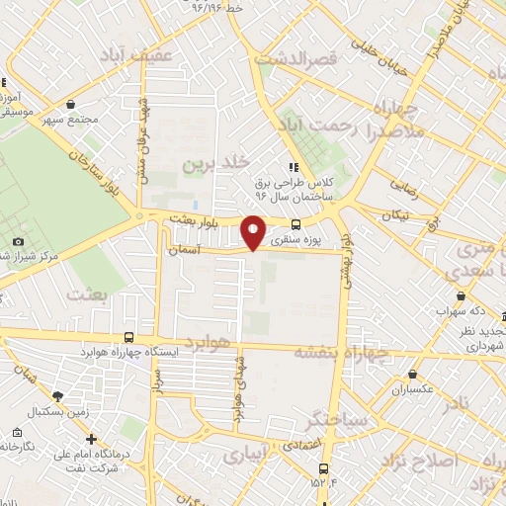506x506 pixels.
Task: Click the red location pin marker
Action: click(x=254, y=230)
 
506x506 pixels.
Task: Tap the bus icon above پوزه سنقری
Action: click(x=296, y=224)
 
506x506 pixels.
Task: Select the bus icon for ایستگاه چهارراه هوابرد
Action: click(x=130, y=337)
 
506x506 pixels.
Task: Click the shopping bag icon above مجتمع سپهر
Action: click(x=71, y=102)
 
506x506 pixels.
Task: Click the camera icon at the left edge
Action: click(x=18, y=242)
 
